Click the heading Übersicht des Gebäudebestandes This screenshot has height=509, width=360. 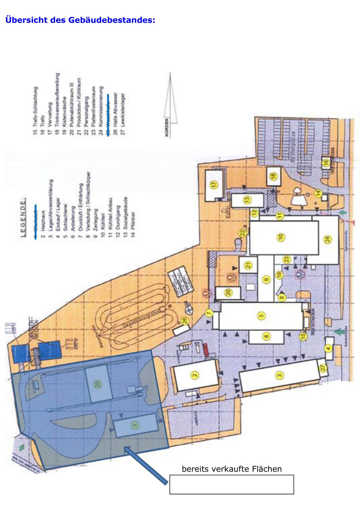point(80,20)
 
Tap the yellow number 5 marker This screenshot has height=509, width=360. point(262,316)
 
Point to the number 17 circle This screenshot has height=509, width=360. point(214,185)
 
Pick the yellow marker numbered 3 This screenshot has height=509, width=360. point(280,375)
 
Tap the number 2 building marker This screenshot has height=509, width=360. point(195,375)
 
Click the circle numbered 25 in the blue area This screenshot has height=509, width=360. point(98,384)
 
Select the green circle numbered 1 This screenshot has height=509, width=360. point(135,425)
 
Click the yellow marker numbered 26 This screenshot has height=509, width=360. point(185,321)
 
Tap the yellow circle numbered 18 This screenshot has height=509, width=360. point(273,176)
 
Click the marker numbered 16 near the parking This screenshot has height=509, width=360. point(326,163)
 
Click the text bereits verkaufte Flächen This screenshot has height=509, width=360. point(232,469)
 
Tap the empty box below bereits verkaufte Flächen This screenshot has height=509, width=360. point(231,485)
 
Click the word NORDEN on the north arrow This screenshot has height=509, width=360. point(167,127)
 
